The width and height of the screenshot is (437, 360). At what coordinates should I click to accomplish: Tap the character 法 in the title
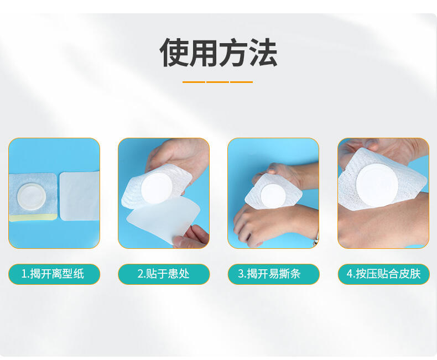(x=263, y=53)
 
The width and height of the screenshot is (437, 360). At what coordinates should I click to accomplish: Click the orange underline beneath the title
(x=217, y=82)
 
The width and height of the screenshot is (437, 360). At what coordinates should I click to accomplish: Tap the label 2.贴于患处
(x=164, y=274)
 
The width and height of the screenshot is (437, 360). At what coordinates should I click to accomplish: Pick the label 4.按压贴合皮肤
(x=383, y=274)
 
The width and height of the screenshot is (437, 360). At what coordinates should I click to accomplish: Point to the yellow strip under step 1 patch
(x=33, y=218)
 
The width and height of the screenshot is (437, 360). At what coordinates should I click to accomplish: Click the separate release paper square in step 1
(x=80, y=196)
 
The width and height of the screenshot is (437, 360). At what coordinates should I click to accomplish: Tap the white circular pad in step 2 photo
(x=157, y=187)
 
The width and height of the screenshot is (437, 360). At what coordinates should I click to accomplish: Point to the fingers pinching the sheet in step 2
(x=191, y=237)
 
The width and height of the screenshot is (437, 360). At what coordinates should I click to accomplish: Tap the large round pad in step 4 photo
(x=377, y=185)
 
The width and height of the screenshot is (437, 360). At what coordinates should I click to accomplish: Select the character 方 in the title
(x=233, y=53)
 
